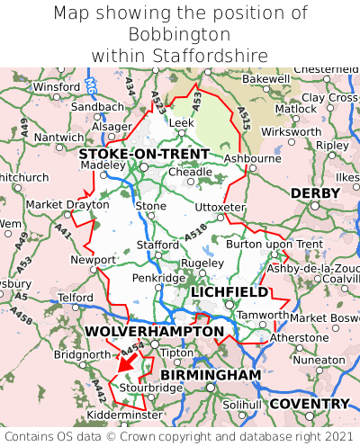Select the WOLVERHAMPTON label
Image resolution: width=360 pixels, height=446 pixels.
click(x=154, y=332)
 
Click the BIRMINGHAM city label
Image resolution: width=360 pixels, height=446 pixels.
click(x=211, y=374)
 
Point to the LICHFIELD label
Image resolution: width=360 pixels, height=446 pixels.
click(x=229, y=292)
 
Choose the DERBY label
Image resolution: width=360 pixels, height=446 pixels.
click(x=315, y=193)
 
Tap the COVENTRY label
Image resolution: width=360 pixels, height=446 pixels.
click(x=309, y=404)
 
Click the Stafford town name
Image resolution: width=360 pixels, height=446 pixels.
click(x=157, y=243)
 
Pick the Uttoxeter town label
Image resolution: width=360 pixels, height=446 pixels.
click(x=220, y=207)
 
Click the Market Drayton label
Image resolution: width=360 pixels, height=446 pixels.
click(x=55, y=204)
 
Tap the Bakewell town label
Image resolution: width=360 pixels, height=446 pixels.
click(x=266, y=79)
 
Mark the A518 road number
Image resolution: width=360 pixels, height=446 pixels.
click(x=194, y=232)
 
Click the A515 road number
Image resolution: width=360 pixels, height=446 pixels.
click(x=244, y=110)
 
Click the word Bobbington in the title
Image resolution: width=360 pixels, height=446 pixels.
click(x=179, y=34)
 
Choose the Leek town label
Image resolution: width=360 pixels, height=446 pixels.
click(x=181, y=121)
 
